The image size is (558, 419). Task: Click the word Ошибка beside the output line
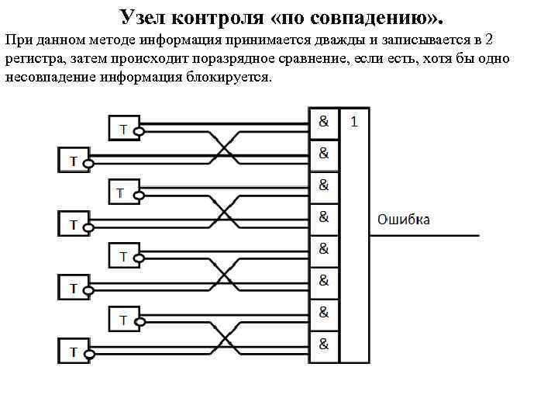pyautogui.click(x=403, y=220)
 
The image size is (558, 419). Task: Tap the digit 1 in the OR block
pyautogui.click(x=354, y=122)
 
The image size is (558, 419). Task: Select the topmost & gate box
pyautogui.click(x=324, y=122)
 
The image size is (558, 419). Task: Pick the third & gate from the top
pyautogui.click(x=324, y=185)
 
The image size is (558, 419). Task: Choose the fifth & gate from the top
pyautogui.click(x=324, y=249)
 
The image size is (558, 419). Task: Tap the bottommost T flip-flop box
pyautogui.click(x=73, y=351)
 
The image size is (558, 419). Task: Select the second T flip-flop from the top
pyautogui.click(x=73, y=161)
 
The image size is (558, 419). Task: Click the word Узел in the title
pyautogui.click(x=145, y=17)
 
